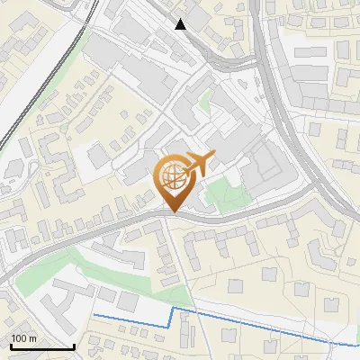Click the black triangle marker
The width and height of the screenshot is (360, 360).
181,24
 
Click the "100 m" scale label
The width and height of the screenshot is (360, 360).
24,338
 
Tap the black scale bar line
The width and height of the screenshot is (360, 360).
40,346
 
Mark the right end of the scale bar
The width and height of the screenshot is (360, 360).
74,346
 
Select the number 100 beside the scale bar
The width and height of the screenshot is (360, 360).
19,338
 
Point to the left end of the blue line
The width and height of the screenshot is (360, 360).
93,316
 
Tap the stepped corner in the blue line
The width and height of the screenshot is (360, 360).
171,309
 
